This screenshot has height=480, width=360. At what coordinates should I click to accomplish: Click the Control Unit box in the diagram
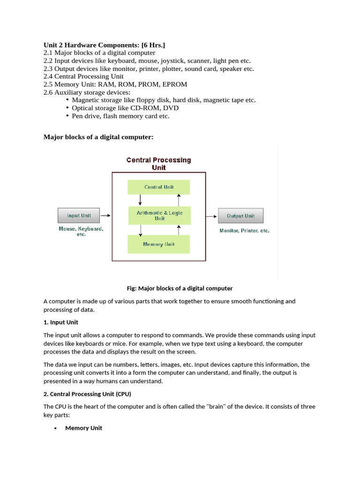pos(159,187)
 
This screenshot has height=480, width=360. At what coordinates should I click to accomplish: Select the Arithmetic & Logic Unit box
pos(159,216)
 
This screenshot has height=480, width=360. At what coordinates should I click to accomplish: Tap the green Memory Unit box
pos(159,244)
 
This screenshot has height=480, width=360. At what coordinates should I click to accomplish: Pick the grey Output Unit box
pos(240,216)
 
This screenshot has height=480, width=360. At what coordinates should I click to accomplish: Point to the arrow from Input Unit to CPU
pos(106,216)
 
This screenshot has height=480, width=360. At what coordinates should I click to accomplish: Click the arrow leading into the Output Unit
pos(212,216)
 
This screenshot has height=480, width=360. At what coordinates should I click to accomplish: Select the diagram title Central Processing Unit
pos(159,164)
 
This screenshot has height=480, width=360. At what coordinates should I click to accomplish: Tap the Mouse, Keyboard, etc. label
pos(81,232)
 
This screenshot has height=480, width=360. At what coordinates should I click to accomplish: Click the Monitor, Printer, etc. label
pos(244,231)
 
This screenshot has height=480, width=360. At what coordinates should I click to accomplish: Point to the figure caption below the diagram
pos(180,288)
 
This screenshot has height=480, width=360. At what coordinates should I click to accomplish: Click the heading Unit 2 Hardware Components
pos(104,45)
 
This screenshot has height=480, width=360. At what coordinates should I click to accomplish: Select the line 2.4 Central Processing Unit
pos(83,76)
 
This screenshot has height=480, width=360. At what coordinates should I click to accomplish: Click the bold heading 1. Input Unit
pos(61,322)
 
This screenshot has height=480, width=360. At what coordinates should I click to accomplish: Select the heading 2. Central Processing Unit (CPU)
pos(87,394)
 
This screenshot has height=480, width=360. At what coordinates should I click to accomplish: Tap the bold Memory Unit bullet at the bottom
pos(83,428)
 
